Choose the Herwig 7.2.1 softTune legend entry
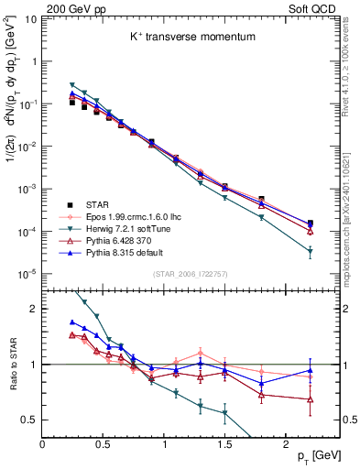pos(134,230)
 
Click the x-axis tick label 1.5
pos(224,442)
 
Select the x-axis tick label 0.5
pos(103,442)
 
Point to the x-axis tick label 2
pos(286,442)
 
